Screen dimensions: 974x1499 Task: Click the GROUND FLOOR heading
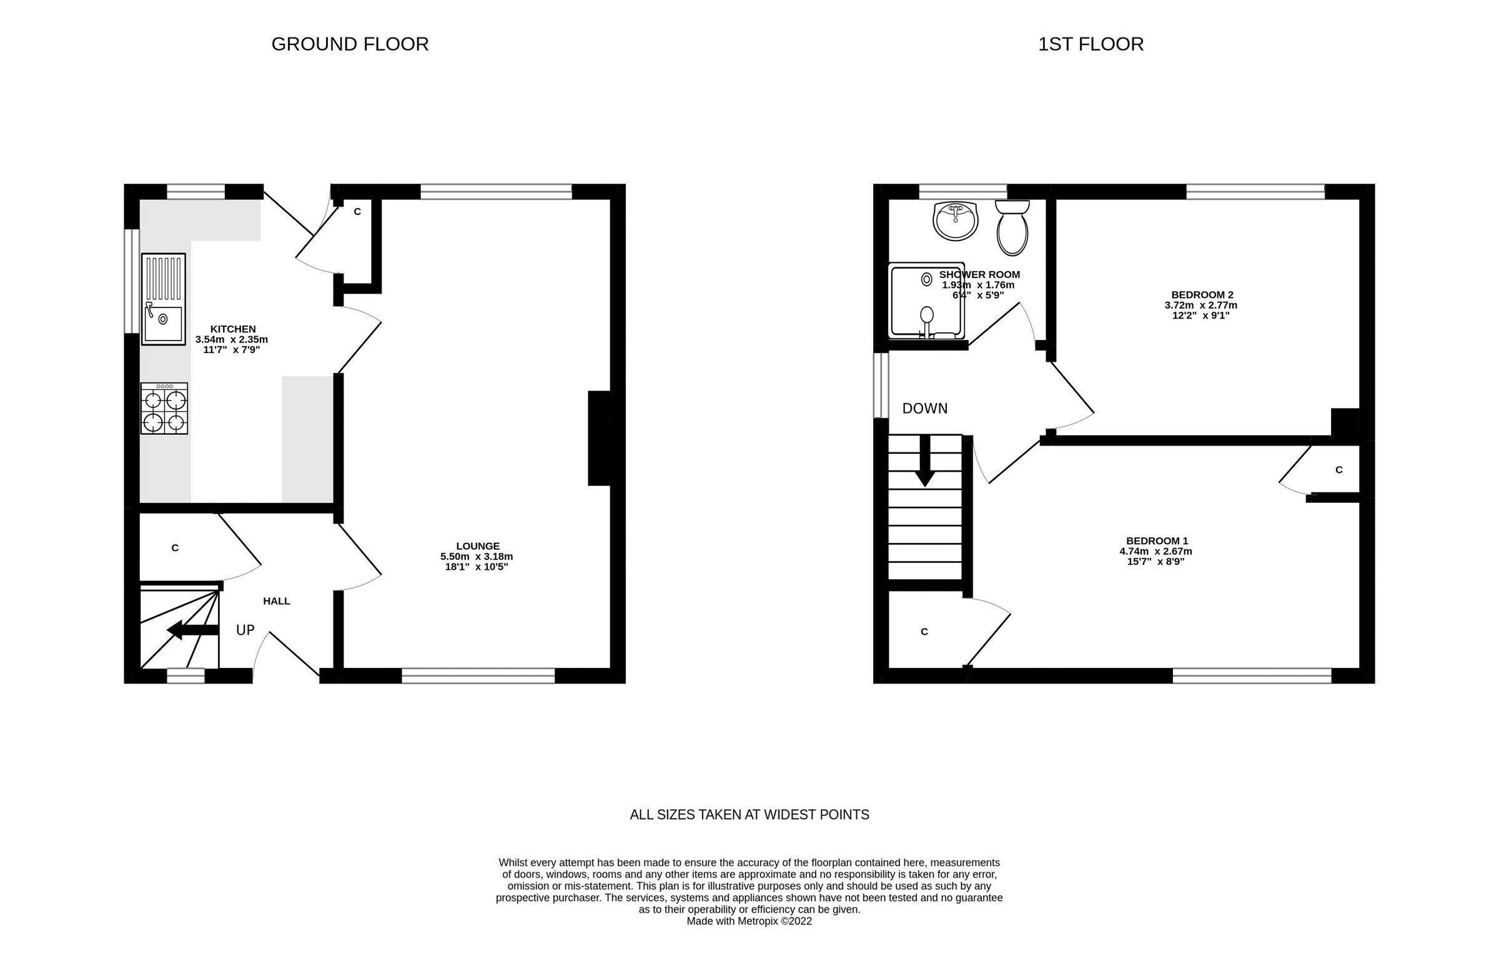[x=350, y=44]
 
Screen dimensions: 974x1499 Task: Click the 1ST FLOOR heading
[x=1091, y=44]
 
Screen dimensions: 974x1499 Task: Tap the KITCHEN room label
[x=232, y=329]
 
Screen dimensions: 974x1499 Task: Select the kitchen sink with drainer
[x=163, y=299]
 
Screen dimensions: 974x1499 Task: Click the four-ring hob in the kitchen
[x=164, y=408]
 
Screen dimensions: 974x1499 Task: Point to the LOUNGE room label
[x=477, y=546]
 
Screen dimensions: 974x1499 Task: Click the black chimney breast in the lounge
[x=600, y=438]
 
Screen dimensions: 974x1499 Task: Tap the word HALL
[x=277, y=601]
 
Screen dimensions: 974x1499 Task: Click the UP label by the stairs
[x=245, y=630]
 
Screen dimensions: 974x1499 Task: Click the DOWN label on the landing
[x=924, y=408]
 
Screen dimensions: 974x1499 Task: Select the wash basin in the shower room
[x=956, y=221]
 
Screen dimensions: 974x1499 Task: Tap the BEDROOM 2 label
[x=1202, y=295]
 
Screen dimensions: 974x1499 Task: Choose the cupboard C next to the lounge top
[x=357, y=212]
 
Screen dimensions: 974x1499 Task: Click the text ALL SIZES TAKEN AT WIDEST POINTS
[x=749, y=815]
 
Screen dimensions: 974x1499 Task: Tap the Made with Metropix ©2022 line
[x=749, y=921]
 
